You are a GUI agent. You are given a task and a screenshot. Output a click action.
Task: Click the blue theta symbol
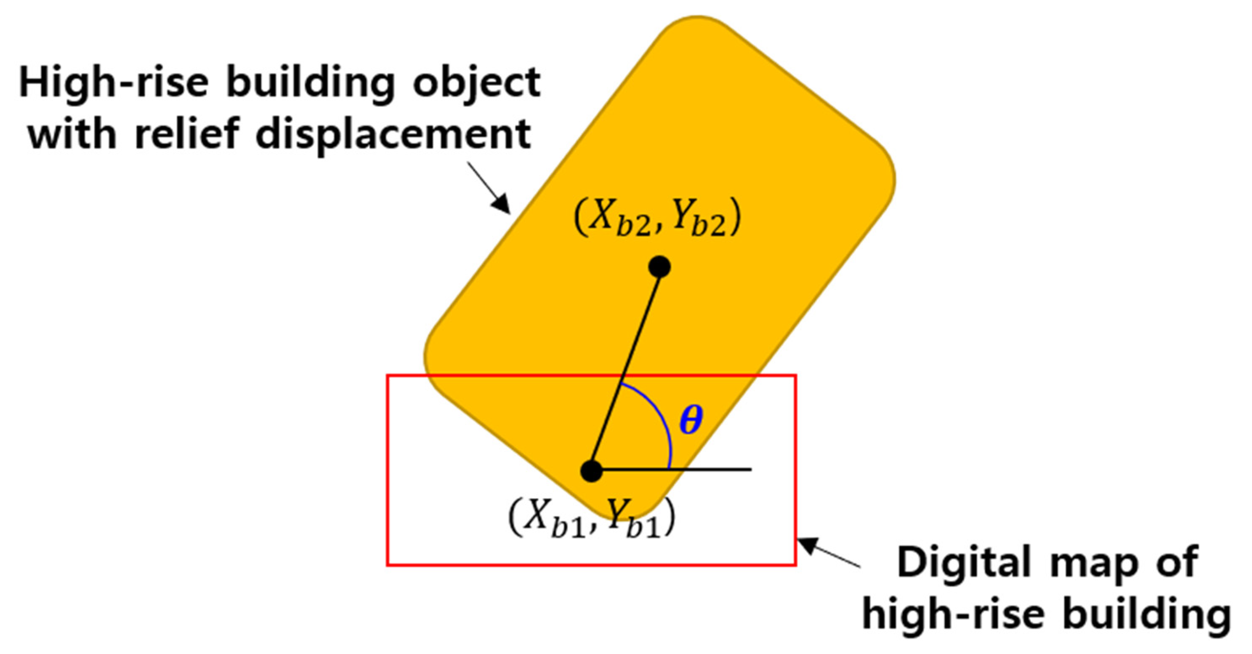tap(691, 421)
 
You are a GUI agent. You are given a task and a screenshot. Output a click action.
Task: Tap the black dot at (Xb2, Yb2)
tap(659, 267)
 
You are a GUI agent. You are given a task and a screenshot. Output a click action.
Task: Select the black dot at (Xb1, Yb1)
tap(592, 471)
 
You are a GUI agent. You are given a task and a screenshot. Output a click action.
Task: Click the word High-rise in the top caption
tap(114, 82)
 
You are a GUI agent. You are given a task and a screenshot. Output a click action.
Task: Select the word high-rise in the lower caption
tap(953, 614)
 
